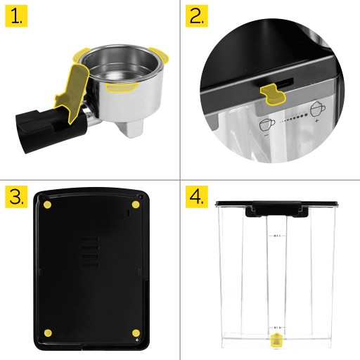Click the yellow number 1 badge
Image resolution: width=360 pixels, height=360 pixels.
click(x=16, y=16)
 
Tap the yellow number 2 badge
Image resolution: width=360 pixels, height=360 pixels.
click(x=197, y=16)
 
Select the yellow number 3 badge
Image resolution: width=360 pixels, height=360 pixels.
click(x=16, y=197)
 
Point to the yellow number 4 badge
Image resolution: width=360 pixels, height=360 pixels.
click(x=197, y=197)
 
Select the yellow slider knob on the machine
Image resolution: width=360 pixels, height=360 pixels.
click(x=273, y=94)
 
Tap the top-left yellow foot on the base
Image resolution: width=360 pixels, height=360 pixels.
click(x=48, y=205)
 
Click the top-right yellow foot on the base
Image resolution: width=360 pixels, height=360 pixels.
click(x=136, y=205)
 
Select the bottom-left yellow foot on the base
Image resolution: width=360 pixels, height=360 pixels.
click(x=48, y=333)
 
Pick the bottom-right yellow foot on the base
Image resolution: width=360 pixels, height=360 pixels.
click(x=136, y=333)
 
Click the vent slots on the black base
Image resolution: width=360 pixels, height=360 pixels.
click(x=90, y=252)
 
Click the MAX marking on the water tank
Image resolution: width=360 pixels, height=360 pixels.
click(x=277, y=236)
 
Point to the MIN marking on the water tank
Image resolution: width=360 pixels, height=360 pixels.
click(x=277, y=328)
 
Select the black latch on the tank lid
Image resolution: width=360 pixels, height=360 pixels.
click(x=277, y=209)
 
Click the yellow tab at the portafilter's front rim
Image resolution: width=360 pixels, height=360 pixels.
click(x=122, y=87)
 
